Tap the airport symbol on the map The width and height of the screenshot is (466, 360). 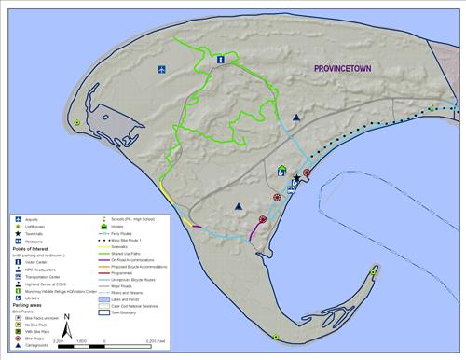162,69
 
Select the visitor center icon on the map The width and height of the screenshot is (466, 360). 221,60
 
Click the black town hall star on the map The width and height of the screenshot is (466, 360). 297,177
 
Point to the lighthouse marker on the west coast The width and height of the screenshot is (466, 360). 77,122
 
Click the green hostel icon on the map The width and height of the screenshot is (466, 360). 282,172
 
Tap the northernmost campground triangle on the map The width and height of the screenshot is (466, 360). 296,118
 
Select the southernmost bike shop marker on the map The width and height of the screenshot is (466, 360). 263,218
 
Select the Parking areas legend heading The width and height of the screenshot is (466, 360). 30,305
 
